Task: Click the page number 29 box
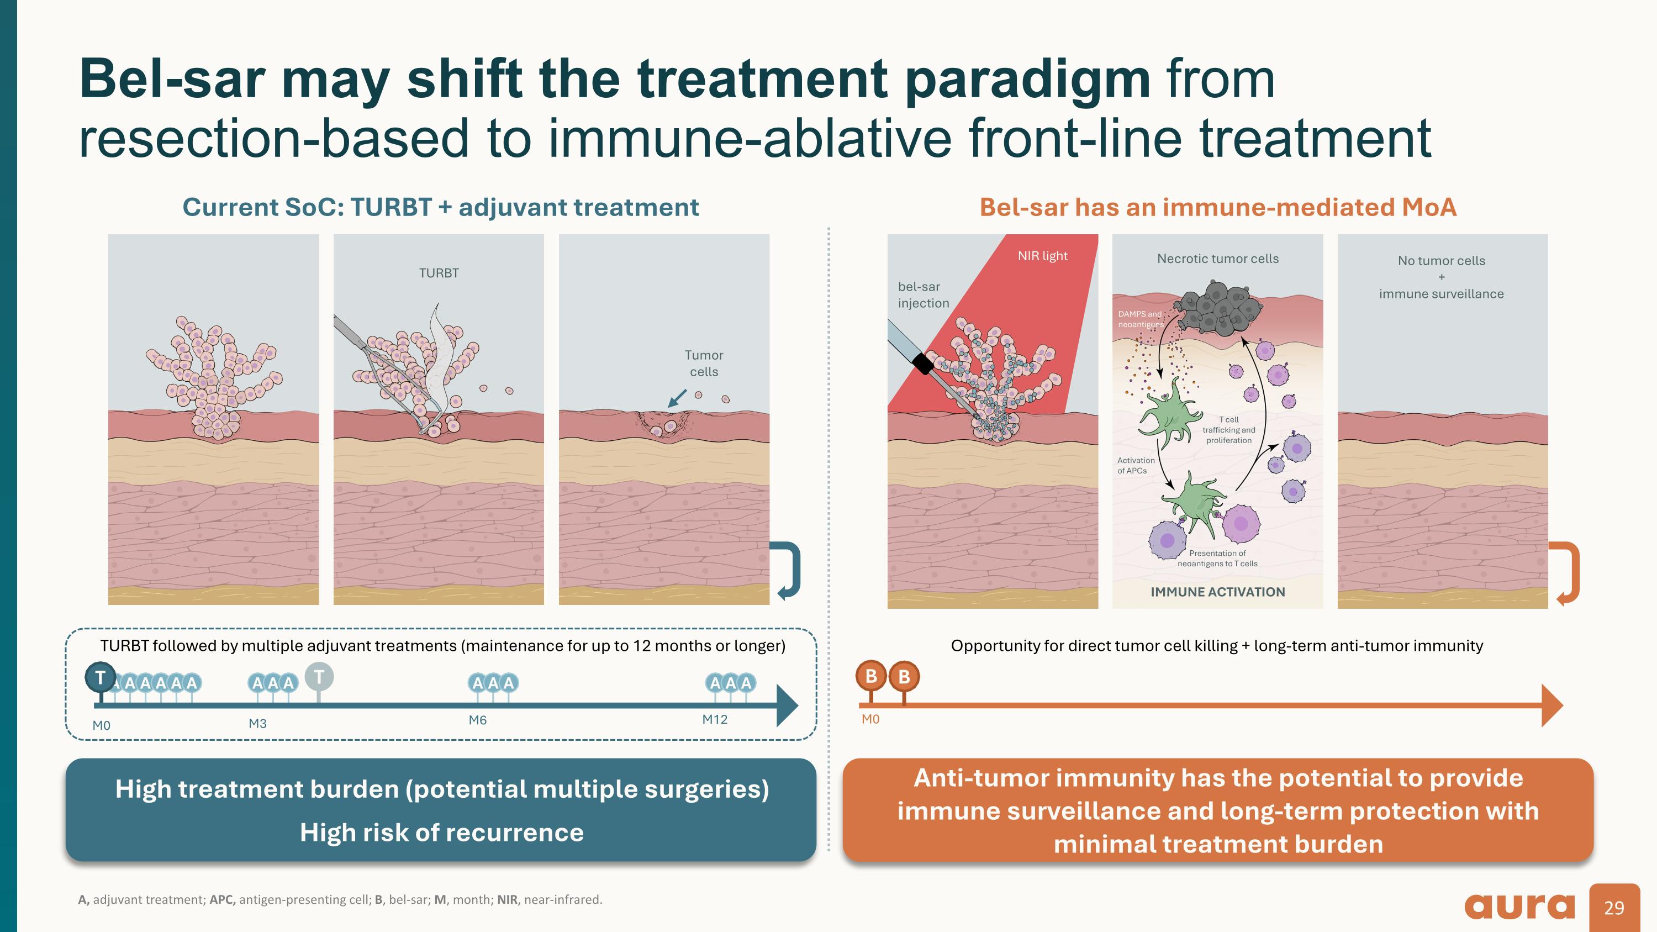(x=1614, y=908)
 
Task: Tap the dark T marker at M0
(x=101, y=678)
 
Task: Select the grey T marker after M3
(x=319, y=677)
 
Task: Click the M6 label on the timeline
(x=477, y=720)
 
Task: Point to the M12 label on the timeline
(x=715, y=719)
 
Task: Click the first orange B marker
(x=871, y=676)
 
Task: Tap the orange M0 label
(x=870, y=719)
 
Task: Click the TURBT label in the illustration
(x=439, y=273)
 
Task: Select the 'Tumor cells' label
(x=704, y=364)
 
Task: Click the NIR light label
(x=1042, y=256)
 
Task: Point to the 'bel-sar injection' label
(x=922, y=295)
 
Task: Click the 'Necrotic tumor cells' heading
(x=1218, y=259)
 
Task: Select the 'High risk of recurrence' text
(x=441, y=833)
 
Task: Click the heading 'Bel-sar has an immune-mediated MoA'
(x=1218, y=207)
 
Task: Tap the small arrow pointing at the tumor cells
(x=677, y=399)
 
